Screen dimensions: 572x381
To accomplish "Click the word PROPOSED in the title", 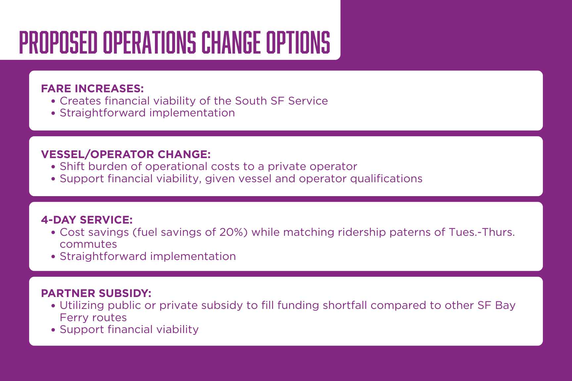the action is pyautogui.click(x=59, y=42).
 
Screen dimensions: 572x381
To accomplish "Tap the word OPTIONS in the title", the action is pyautogui.click(x=299, y=42).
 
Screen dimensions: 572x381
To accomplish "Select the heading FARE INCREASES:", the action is pyautogui.click(x=92, y=89).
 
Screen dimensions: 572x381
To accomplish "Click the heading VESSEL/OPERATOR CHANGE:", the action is pyautogui.click(x=126, y=154).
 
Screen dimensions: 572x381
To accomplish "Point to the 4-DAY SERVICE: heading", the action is pyautogui.click(x=87, y=220).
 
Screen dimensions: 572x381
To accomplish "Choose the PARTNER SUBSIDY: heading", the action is pyautogui.click(x=96, y=293).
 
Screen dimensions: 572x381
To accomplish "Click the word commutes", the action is pyautogui.click(x=88, y=244).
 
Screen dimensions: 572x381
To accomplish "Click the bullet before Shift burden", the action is pyautogui.click(x=53, y=167).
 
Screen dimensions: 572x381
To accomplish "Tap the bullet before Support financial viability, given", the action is pyautogui.click(x=53, y=179).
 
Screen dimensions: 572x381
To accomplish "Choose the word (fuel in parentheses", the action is pyautogui.click(x=145, y=232).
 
